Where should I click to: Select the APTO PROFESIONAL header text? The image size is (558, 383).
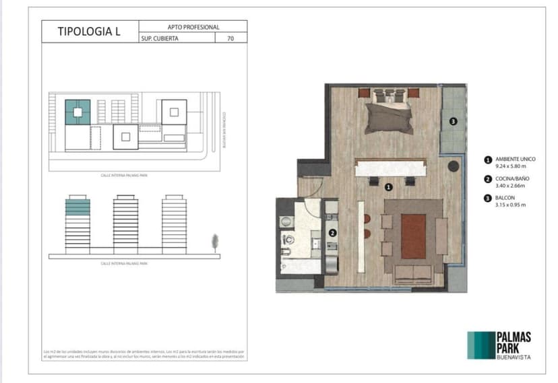pyautogui.click(x=193, y=26)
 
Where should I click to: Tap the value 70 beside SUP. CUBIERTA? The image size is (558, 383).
pyautogui.click(x=230, y=38)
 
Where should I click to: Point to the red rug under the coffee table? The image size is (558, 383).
pyautogui.click(x=412, y=236)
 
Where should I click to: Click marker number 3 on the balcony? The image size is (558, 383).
pyautogui.click(x=454, y=121)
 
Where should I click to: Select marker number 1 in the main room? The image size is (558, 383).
pyautogui.click(x=388, y=186)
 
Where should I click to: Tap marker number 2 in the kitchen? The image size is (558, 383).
pyautogui.click(x=332, y=233)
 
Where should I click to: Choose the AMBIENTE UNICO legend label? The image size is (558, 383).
pyautogui.click(x=516, y=160)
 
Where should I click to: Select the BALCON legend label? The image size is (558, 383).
pyautogui.click(x=505, y=198)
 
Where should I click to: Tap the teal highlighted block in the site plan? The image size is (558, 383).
pyautogui.click(x=77, y=110)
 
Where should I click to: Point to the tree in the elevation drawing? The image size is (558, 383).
pyautogui.click(x=215, y=242)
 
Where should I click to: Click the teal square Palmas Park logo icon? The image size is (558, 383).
pyautogui.click(x=480, y=345)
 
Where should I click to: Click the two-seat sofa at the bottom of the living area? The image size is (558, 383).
pyautogui.click(x=413, y=273)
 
